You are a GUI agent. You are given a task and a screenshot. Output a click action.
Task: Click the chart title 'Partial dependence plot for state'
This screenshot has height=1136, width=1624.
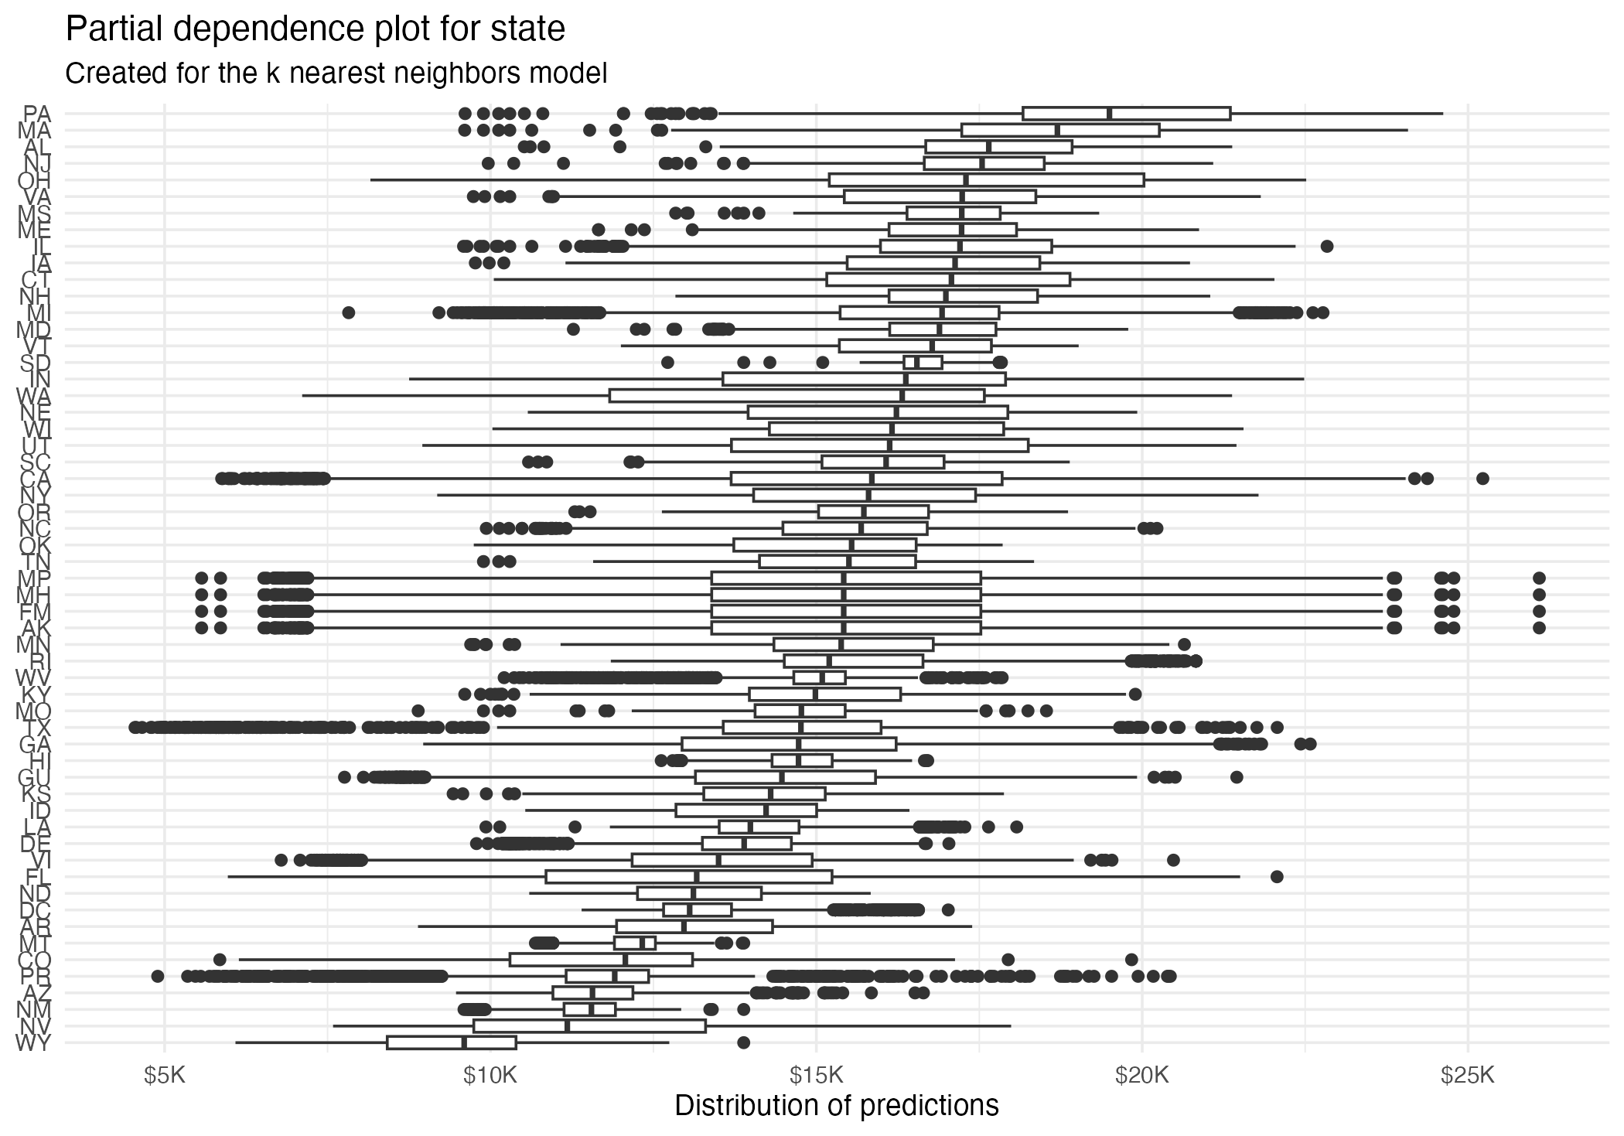point(316,29)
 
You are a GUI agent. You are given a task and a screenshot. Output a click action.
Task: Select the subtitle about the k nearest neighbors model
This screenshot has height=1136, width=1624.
point(336,73)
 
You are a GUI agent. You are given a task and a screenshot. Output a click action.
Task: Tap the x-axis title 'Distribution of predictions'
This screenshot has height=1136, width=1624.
point(836,1105)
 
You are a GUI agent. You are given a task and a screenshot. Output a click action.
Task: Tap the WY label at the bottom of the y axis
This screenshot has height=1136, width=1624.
point(33,1042)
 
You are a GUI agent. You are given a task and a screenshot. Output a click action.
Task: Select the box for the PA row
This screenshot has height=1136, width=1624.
point(1126,114)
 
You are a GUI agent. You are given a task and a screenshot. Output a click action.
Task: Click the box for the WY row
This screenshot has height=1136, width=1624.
point(452,1042)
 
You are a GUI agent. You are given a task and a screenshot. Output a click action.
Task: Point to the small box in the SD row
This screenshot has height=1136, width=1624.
point(923,363)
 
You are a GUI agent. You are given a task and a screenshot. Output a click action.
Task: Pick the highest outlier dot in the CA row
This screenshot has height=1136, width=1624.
point(1482,479)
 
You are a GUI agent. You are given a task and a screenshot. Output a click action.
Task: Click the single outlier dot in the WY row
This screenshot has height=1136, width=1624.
point(743,1042)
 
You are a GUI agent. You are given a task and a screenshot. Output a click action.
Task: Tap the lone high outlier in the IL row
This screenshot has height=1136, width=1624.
point(1327,247)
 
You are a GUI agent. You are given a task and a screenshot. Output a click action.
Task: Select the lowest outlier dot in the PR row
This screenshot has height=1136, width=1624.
point(158,976)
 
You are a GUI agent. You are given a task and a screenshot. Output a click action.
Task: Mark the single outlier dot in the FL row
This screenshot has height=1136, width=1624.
point(1277,877)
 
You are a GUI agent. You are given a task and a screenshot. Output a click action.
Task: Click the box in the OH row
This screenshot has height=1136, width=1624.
point(986,180)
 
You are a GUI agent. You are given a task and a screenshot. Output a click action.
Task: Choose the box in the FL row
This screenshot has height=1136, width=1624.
point(688,877)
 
